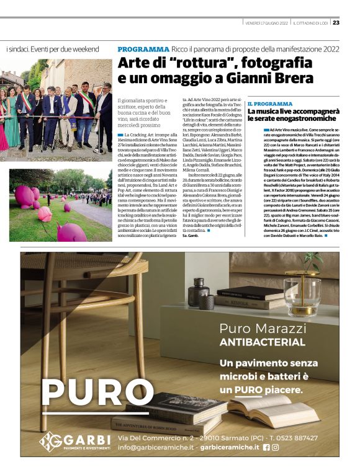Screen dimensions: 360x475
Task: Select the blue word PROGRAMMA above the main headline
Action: (x=143, y=49)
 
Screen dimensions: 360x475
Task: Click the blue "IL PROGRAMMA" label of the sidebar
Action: (x=270, y=104)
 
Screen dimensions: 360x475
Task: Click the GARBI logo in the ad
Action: (x=69, y=440)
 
